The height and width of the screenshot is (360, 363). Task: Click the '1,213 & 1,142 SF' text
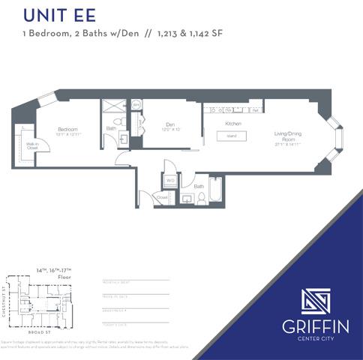190,34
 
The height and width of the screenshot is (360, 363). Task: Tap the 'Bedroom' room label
67,130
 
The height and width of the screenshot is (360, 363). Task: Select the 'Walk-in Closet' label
32,146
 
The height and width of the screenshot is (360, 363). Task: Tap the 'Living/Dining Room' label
289,136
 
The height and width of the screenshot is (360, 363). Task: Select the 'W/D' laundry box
170,180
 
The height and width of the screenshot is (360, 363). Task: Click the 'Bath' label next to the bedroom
111,128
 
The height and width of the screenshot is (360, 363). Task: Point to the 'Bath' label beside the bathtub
199,185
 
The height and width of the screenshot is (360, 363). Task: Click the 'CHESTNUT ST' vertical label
5,299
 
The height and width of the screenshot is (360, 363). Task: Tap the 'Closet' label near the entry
162,197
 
